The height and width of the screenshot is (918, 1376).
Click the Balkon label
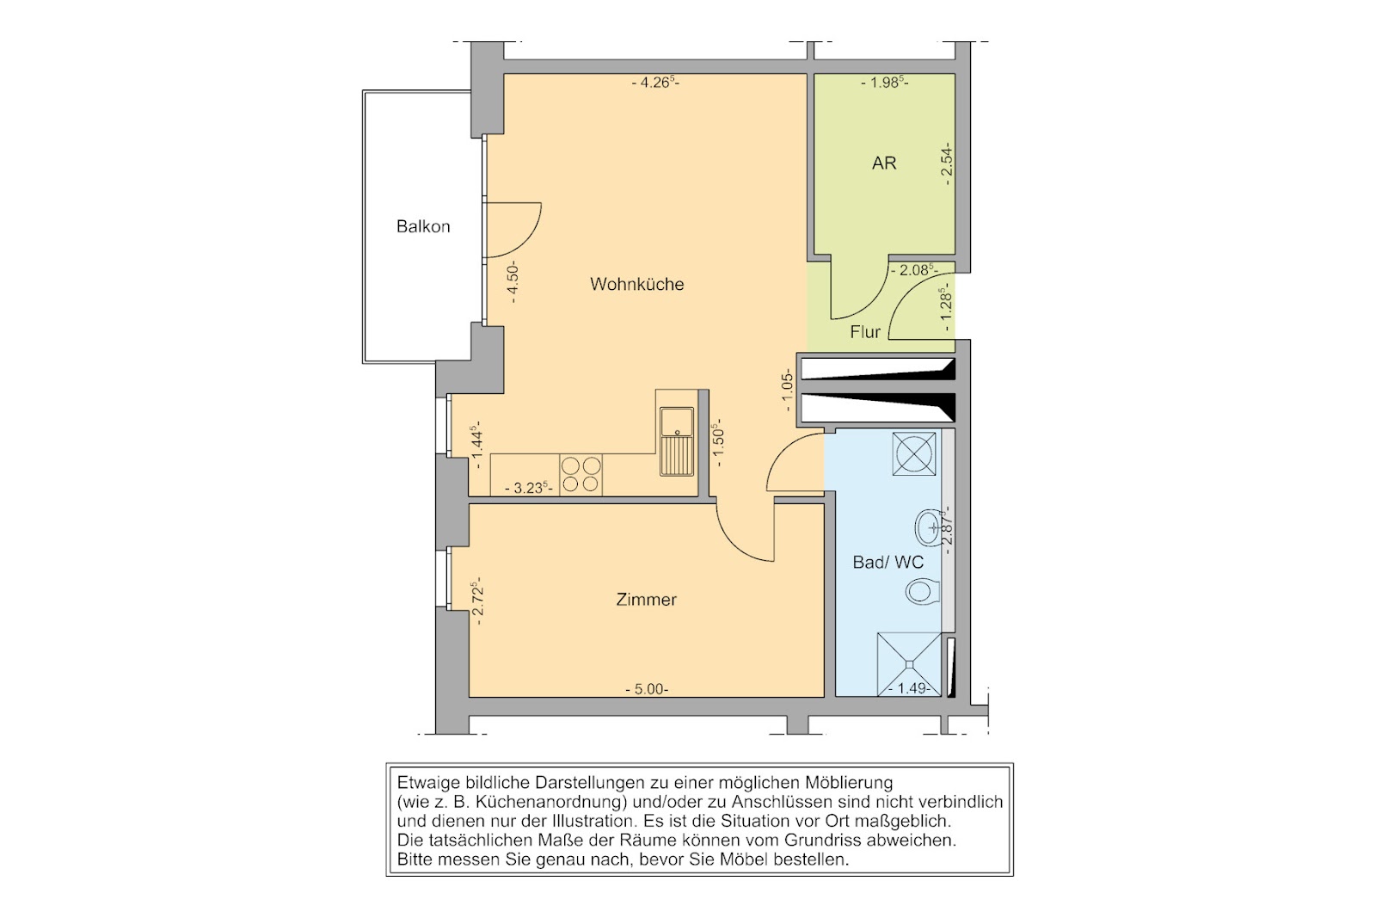(x=423, y=227)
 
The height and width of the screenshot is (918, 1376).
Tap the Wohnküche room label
(x=637, y=285)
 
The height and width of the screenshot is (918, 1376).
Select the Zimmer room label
(x=646, y=600)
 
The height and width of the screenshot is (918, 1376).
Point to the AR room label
(x=884, y=163)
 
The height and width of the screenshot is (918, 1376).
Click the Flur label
(x=865, y=332)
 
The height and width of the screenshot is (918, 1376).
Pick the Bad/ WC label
(x=888, y=563)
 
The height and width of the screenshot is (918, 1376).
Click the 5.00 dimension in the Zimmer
(x=647, y=689)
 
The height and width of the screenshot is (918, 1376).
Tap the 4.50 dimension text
(x=514, y=283)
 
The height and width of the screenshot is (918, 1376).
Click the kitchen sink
(x=676, y=442)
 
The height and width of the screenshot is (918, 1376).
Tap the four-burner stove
(x=580, y=474)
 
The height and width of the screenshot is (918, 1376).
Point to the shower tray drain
(x=908, y=663)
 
